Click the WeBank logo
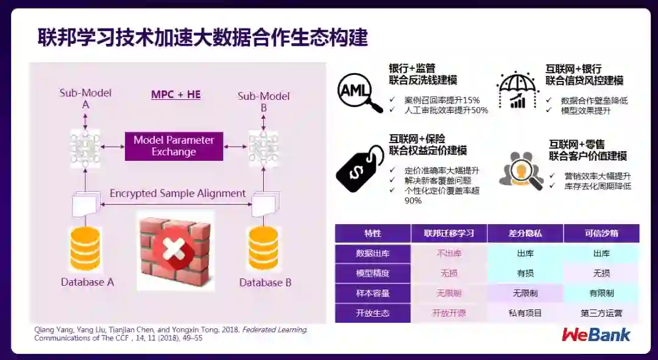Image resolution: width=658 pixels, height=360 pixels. point(596,334)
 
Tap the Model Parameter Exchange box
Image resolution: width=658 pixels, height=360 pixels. point(174,146)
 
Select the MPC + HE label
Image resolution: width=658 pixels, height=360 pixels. point(175,94)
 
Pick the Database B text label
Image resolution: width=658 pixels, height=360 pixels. point(265,283)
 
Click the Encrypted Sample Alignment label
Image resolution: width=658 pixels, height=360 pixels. point(177,194)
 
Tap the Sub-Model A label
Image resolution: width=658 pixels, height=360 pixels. point(85,99)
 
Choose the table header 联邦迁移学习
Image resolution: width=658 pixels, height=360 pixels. point(449,233)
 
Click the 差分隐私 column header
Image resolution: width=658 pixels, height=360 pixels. point(525,233)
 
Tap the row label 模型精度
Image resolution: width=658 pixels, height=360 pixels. point(372,273)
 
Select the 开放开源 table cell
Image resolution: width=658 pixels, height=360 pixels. point(449,313)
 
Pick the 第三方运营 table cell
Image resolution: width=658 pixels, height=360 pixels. point(601,313)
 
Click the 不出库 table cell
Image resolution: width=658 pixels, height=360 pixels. point(449,253)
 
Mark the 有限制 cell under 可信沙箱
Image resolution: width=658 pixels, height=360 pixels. point(601,293)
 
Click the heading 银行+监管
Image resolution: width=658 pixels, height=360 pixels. point(412,68)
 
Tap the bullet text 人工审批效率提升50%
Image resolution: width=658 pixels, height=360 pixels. point(446,110)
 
